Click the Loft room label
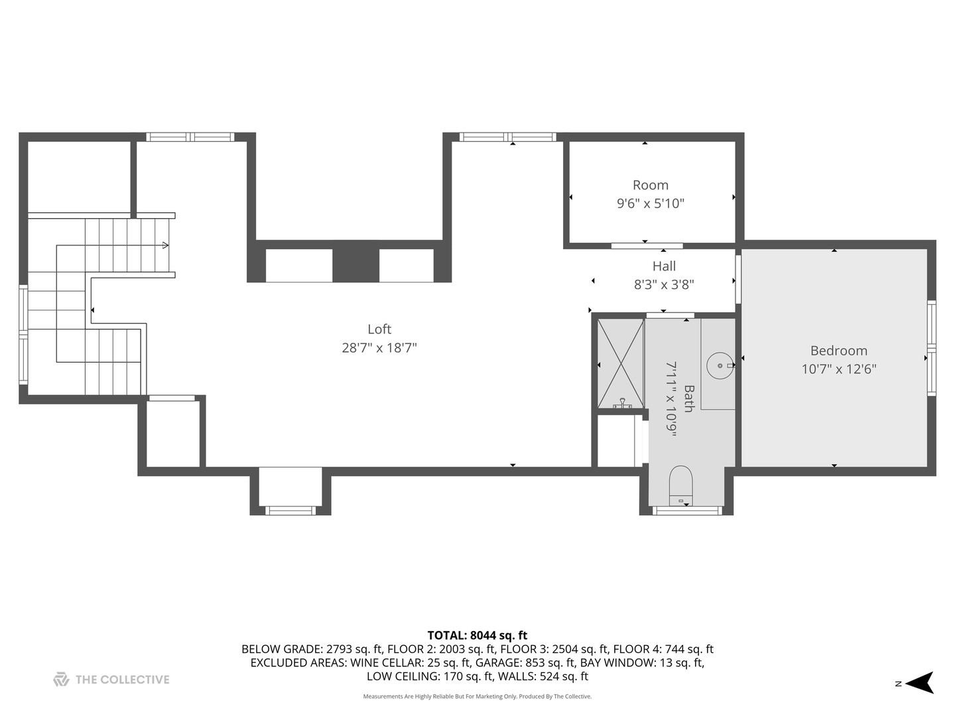(x=379, y=329)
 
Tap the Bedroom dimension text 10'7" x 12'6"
(x=838, y=369)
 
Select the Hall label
(x=664, y=267)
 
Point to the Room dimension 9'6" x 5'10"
(x=650, y=204)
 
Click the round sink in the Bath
(x=719, y=365)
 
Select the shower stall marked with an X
(x=620, y=363)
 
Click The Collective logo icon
(x=61, y=680)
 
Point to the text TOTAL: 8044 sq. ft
(x=477, y=636)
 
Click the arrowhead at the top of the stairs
(x=165, y=245)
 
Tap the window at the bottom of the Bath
(x=686, y=510)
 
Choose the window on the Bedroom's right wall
(x=931, y=348)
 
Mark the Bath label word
(x=688, y=398)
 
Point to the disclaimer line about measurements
(x=477, y=697)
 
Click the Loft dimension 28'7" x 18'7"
(x=379, y=348)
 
